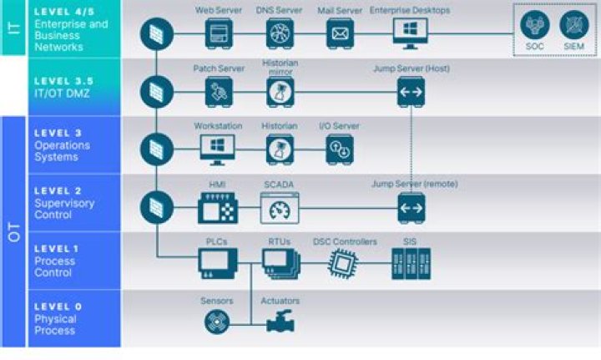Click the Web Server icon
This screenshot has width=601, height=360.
point(219,33)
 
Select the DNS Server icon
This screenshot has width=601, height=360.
point(280,33)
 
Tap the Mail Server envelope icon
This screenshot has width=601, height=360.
point(340,33)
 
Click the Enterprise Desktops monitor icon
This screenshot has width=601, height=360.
point(410,33)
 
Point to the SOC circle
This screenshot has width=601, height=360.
point(535,25)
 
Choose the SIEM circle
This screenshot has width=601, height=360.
point(573,25)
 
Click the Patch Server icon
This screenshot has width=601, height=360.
point(219,92)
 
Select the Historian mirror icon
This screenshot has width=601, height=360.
point(280,93)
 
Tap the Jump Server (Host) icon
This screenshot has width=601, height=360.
point(411,92)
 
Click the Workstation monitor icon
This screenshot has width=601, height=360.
point(218,149)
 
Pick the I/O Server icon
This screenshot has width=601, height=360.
point(340,150)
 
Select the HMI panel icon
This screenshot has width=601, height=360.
point(218,208)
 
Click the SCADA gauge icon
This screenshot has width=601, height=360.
point(280,208)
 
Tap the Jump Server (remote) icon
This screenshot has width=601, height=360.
point(411,208)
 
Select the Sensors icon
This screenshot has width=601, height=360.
point(218,322)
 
